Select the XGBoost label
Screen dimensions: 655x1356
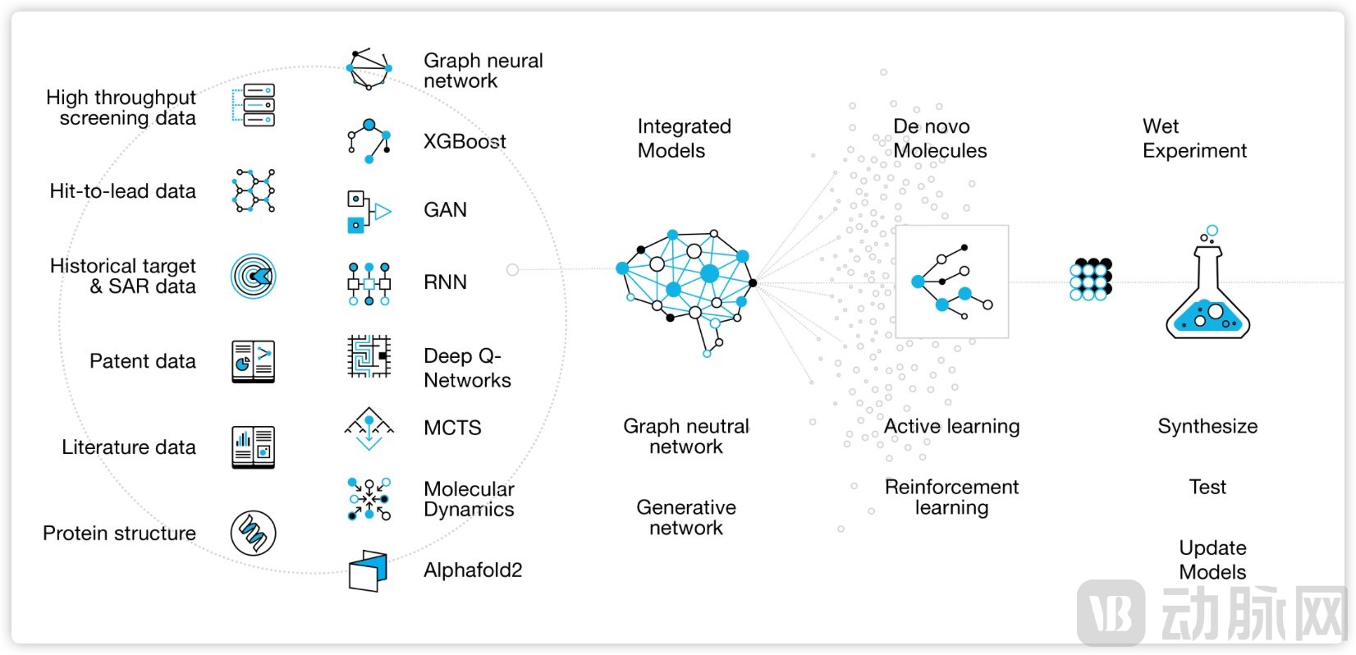point(465,141)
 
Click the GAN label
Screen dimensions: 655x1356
point(445,210)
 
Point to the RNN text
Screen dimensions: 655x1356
point(445,282)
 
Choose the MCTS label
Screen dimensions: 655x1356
point(452,428)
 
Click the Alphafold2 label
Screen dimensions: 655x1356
point(473,570)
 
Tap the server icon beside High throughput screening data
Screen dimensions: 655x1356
point(254,105)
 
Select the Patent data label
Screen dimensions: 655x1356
point(143,361)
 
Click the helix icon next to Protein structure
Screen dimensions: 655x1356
point(253,533)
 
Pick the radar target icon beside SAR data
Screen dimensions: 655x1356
point(253,276)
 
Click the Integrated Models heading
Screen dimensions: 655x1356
point(683,139)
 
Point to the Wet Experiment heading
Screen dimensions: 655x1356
point(1193,139)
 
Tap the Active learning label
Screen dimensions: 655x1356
point(951,427)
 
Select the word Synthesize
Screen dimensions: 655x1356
point(1207,427)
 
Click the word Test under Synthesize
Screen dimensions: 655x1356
point(1207,488)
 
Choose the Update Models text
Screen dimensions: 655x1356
point(1212,560)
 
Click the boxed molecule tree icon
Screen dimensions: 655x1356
point(951,282)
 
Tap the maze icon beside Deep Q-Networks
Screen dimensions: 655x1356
point(369,356)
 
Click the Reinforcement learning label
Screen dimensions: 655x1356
point(951,497)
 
